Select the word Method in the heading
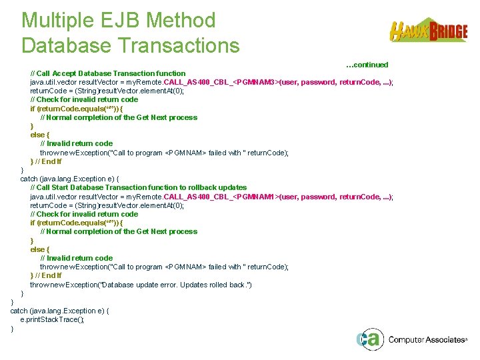click(188, 21)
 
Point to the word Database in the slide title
click(70, 45)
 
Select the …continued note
click(367, 65)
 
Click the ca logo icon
click(369, 339)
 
